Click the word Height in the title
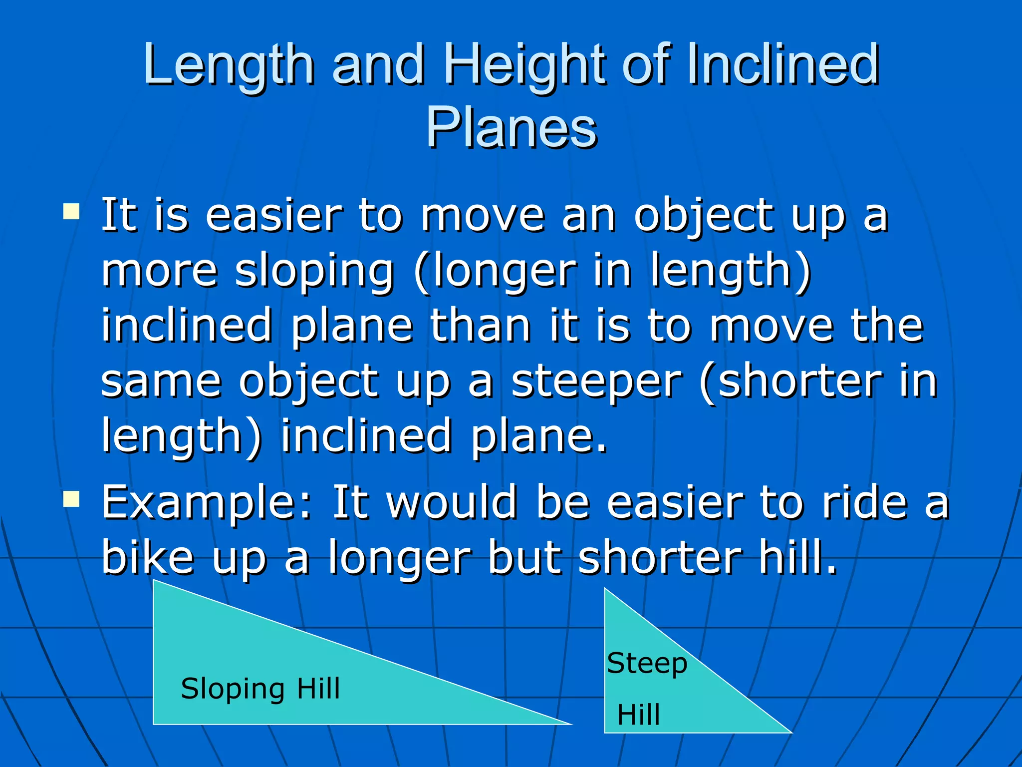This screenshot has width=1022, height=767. click(527, 65)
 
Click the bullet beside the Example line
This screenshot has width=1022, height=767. click(71, 498)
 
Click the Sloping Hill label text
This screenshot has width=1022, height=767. click(260, 689)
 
